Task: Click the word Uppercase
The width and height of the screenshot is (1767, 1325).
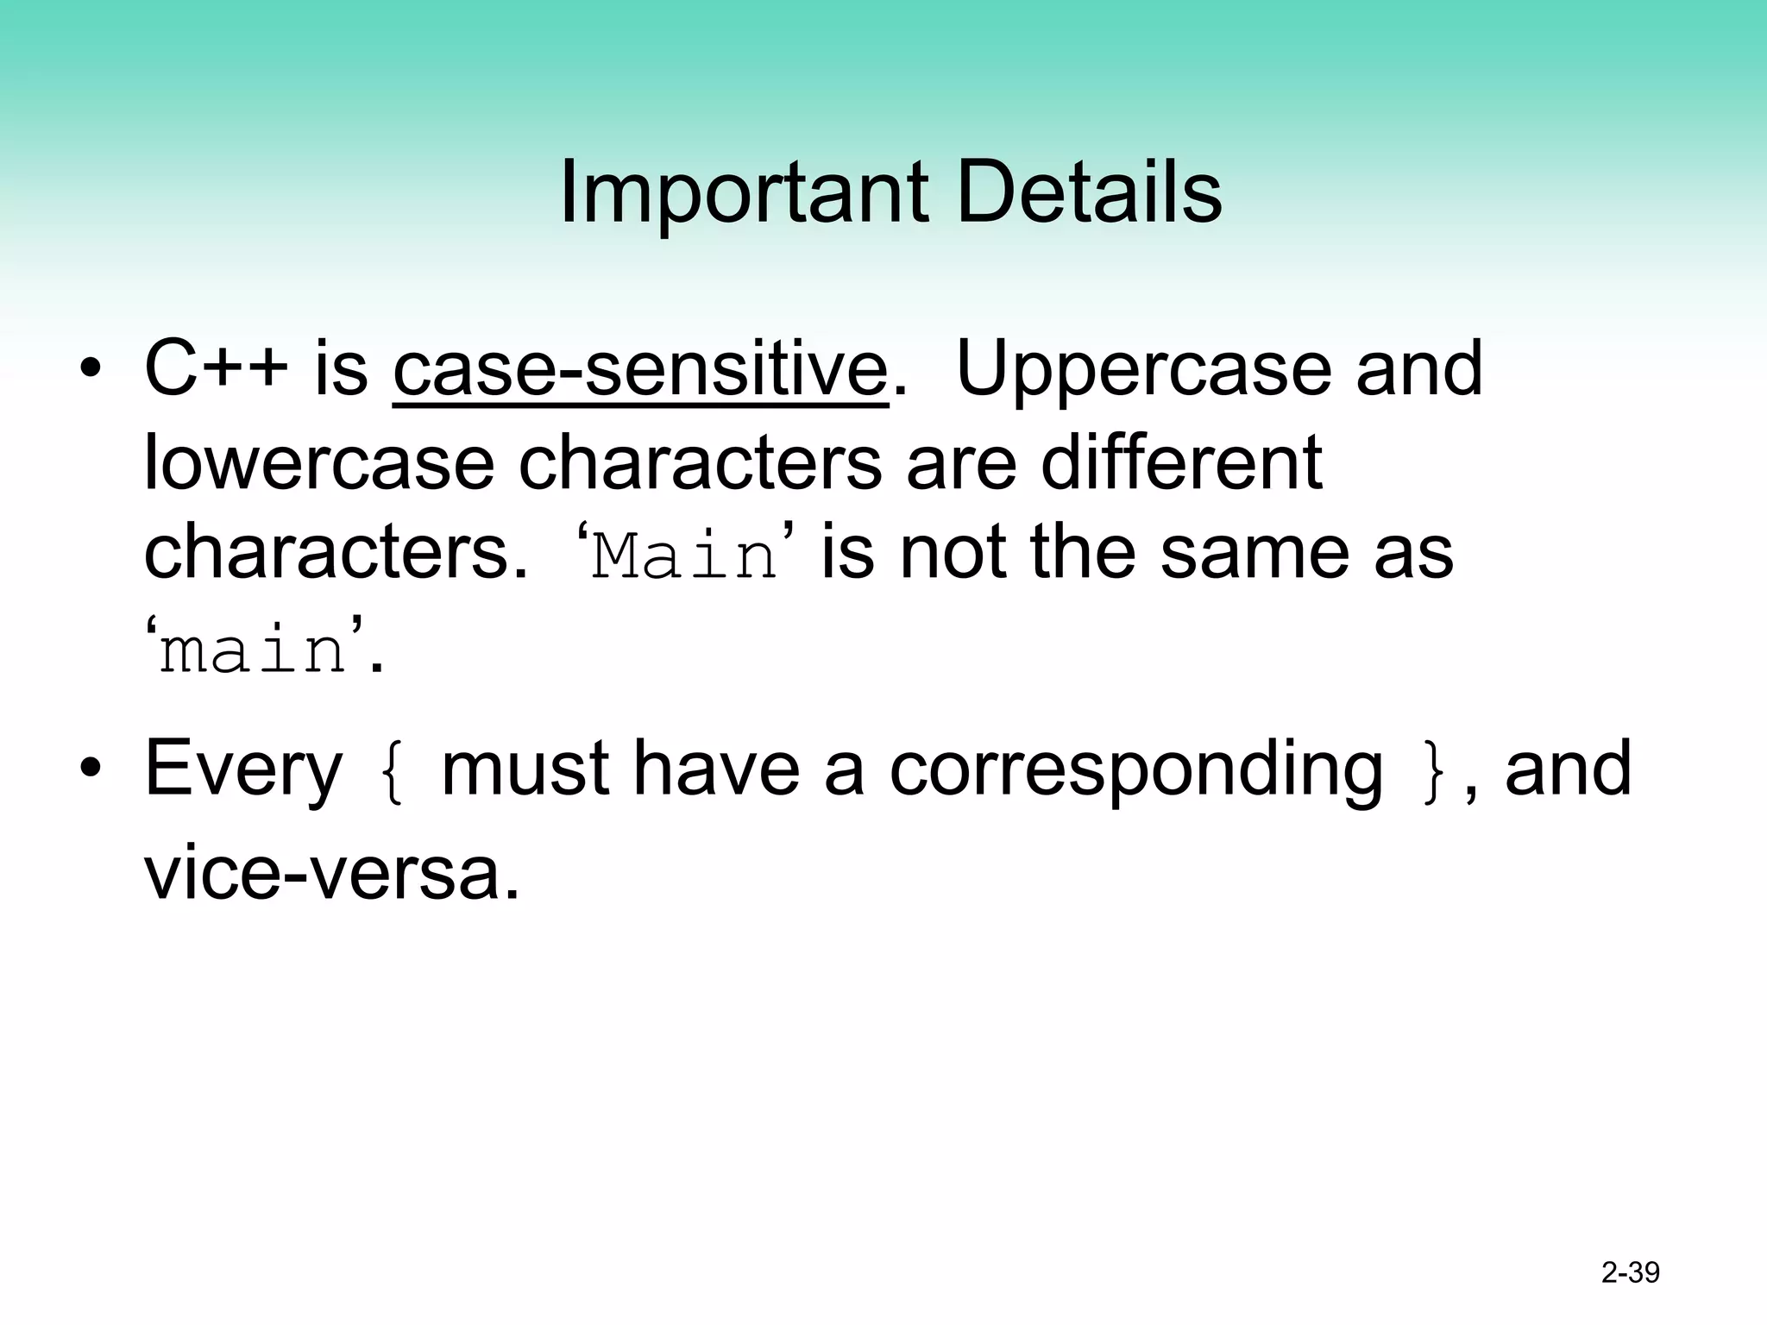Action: pos(1144,371)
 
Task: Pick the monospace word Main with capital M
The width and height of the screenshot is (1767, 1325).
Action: pos(685,557)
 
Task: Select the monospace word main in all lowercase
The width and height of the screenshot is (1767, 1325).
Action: pos(254,651)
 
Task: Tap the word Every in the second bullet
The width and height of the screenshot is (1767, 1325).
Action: pos(243,770)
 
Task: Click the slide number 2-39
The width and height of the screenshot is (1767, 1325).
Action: pos(1630,1272)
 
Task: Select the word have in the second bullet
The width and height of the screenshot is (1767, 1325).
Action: pos(716,770)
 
